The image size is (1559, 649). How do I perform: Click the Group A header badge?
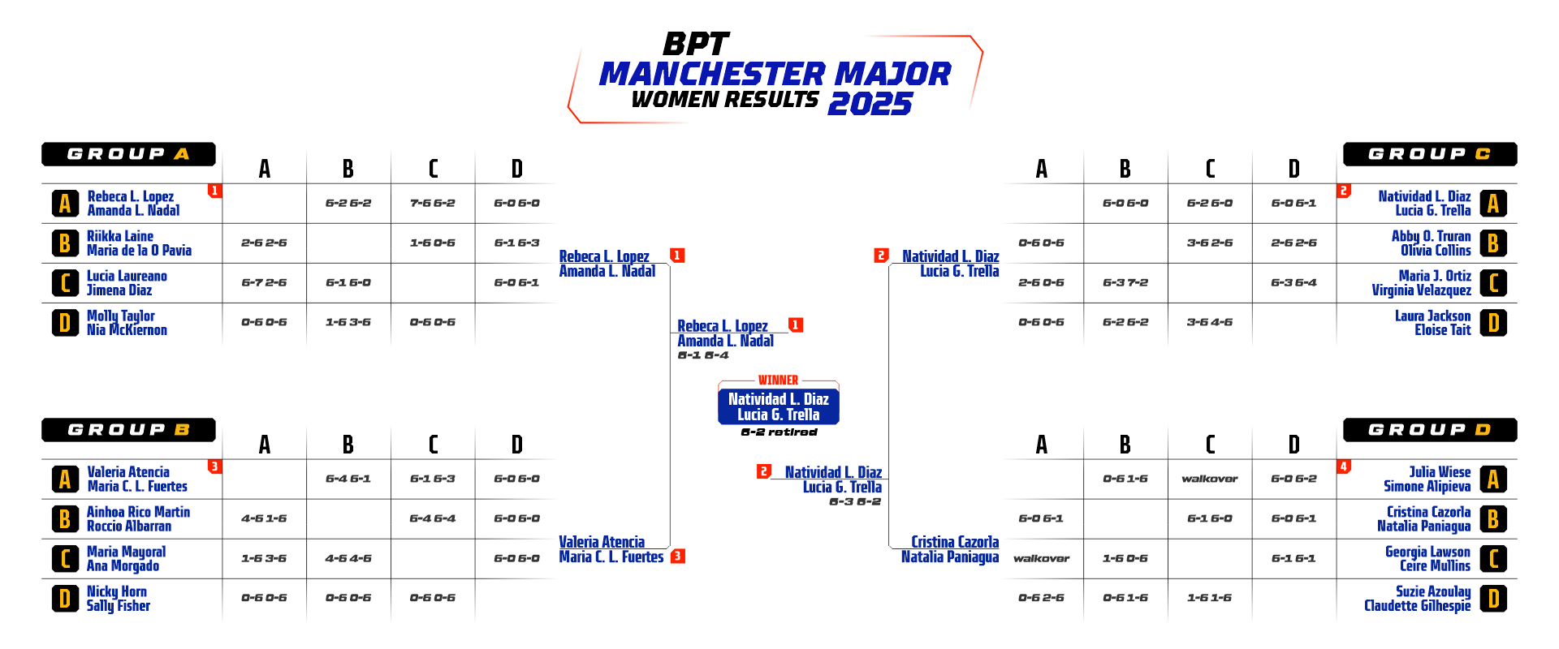(x=128, y=154)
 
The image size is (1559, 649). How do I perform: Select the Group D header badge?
(x=1429, y=430)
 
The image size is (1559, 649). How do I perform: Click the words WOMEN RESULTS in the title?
(x=725, y=99)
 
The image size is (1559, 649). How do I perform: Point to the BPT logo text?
(x=696, y=44)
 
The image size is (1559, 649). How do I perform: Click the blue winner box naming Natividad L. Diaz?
(x=778, y=406)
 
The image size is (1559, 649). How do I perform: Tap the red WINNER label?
(x=778, y=380)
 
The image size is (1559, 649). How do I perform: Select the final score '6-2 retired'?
(x=778, y=432)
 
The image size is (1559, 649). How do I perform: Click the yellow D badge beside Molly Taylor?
(x=65, y=323)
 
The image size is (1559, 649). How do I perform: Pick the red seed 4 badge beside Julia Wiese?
(x=1344, y=466)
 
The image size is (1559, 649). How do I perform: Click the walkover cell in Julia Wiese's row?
(x=1209, y=479)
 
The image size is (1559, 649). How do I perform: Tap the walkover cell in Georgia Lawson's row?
(x=1041, y=558)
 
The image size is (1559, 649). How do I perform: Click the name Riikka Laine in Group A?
(x=120, y=236)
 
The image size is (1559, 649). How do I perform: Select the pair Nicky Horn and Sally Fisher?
(x=119, y=599)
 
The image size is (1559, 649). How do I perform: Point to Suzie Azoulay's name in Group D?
(x=1433, y=591)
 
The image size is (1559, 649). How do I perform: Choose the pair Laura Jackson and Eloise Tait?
(x=1432, y=323)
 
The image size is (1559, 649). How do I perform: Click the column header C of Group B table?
(x=433, y=445)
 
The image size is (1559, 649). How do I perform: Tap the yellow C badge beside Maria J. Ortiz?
(x=1493, y=283)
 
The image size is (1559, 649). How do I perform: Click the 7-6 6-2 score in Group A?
(x=432, y=203)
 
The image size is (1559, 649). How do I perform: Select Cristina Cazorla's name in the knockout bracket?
(x=955, y=541)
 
